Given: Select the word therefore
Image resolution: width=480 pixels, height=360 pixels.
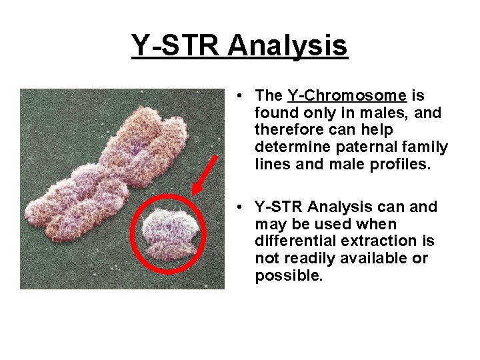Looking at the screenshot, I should [x=287, y=130].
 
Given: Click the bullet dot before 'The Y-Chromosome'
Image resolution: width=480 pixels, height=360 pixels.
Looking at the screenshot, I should [x=239, y=97].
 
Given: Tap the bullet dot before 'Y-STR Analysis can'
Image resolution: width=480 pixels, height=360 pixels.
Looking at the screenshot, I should [x=239, y=207].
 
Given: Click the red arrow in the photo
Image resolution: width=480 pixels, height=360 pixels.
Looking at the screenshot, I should [x=205, y=174].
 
